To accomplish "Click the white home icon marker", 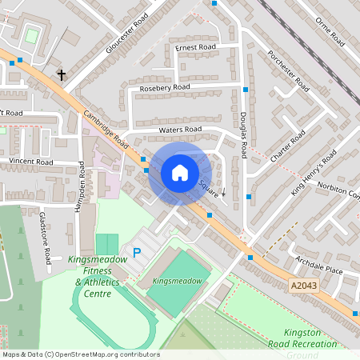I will (x=180, y=173).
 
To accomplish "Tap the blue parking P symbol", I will (x=137, y=253).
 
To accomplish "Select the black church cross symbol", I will (x=61, y=74).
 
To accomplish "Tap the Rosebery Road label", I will (x=165, y=86).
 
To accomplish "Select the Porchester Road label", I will (x=289, y=70).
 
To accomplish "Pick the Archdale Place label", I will (x=320, y=271).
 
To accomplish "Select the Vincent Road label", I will (x=30, y=162).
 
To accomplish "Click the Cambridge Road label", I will (x=106, y=128).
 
